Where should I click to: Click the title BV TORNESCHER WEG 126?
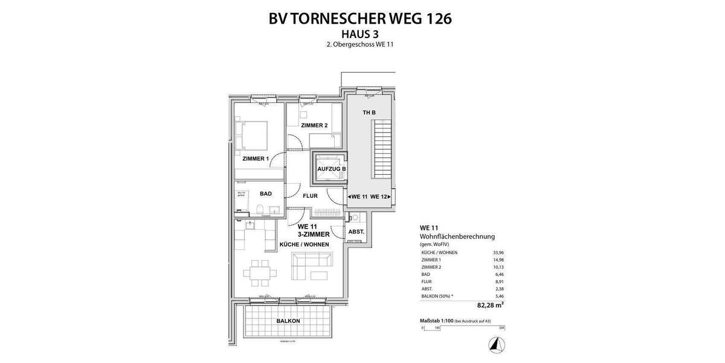pyautogui.click(x=360, y=18)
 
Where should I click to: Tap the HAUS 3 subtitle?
pyautogui.click(x=359, y=34)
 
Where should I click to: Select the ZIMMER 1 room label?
pyautogui.click(x=255, y=159)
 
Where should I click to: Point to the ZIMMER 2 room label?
pyautogui.click(x=314, y=125)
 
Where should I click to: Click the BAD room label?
pyautogui.click(x=266, y=194)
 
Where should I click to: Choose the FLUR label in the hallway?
pyautogui.click(x=310, y=196)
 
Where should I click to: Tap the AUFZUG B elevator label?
pyautogui.click(x=331, y=169)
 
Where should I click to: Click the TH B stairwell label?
pyautogui.click(x=369, y=113)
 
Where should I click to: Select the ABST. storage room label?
pyautogui.click(x=356, y=232)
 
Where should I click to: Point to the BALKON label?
pyautogui.click(x=288, y=321)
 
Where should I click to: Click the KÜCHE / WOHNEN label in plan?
pyautogui.click(x=304, y=244)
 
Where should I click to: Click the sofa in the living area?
pyautogui.click(x=311, y=266)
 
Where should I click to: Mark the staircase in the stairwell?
pyautogui.click(x=383, y=148)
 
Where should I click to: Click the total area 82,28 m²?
pyautogui.click(x=489, y=304)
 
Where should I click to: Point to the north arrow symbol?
pyautogui.click(x=497, y=344)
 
